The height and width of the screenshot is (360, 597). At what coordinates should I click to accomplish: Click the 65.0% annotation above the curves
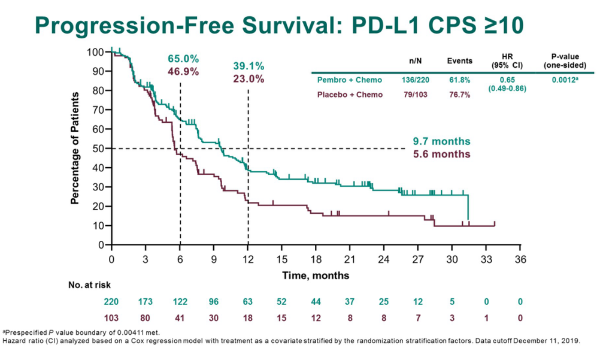[183, 59]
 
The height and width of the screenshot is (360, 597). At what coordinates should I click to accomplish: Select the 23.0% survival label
[249, 78]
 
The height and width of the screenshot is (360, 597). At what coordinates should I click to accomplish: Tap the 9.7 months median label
[441, 141]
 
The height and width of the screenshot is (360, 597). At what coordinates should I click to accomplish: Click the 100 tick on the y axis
[96, 52]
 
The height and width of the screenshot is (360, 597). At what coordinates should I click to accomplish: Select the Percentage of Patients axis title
[75, 148]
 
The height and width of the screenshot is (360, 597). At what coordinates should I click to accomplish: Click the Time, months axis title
[316, 276]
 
